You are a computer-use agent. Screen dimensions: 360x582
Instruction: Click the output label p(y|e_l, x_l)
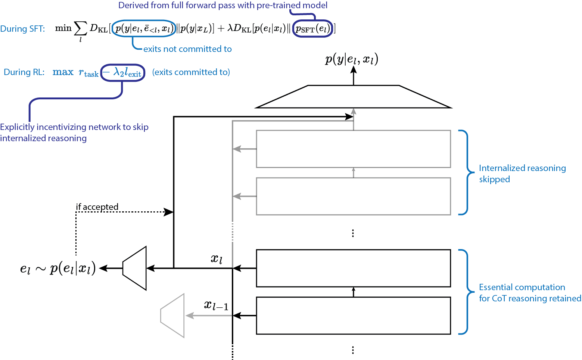click(x=352, y=59)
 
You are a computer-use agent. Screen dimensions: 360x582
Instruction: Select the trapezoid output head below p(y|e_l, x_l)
click(x=353, y=97)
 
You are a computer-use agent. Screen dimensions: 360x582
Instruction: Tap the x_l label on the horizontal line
click(x=217, y=258)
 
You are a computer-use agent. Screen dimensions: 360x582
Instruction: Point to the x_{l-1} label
click(x=216, y=305)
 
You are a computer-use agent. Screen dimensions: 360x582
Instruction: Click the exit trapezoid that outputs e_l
click(x=134, y=268)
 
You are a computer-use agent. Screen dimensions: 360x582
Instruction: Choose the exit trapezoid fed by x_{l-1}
click(x=172, y=316)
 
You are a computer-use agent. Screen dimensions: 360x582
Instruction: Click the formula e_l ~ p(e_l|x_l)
click(x=58, y=269)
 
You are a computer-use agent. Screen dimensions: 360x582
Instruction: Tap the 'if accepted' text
click(x=97, y=207)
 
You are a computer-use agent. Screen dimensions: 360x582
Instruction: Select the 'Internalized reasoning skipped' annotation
click(x=522, y=174)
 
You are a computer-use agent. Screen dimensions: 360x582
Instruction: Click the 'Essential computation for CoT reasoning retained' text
click(x=529, y=293)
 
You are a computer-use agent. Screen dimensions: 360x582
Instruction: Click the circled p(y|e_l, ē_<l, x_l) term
click(x=144, y=28)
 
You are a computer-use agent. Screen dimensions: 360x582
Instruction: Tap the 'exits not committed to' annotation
click(x=187, y=49)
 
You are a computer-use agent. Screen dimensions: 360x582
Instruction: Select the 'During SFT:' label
click(x=22, y=29)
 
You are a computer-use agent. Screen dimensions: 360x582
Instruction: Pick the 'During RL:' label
click(x=23, y=72)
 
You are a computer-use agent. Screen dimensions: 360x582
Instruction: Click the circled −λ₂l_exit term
click(x=122, y=73)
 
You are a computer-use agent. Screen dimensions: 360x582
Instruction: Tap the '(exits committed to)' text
click(x=191, y=72)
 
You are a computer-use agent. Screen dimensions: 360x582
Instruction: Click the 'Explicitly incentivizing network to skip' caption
click(x=74, y=127)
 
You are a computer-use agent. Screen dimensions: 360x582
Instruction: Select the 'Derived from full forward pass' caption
click(x=222, y=5)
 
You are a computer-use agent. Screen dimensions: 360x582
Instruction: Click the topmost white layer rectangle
click(x=353, y=149)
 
